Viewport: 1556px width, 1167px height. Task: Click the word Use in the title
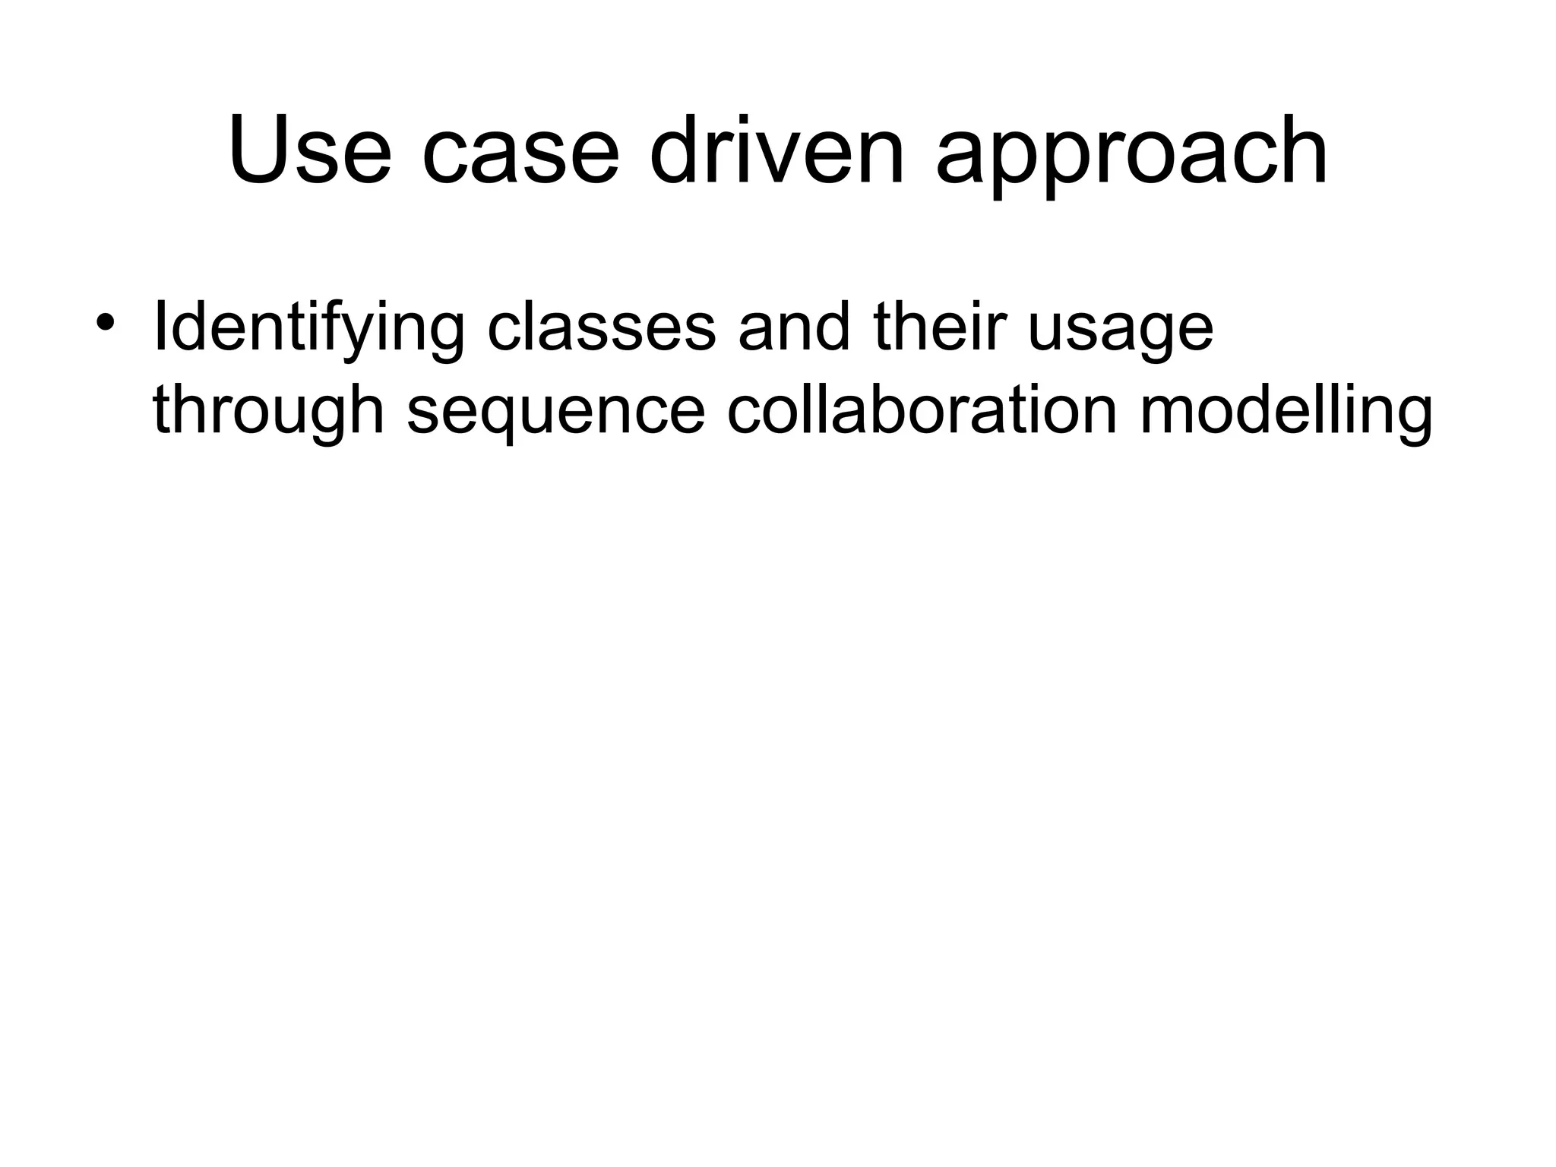(310, 150)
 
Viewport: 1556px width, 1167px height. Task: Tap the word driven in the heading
(778, 150)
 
